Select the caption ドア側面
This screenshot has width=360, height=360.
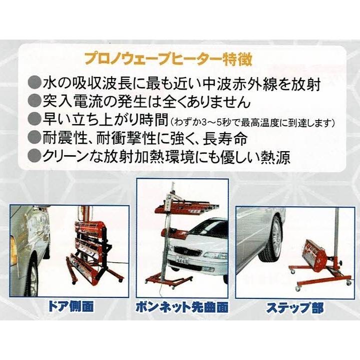[x=69, y=304]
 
